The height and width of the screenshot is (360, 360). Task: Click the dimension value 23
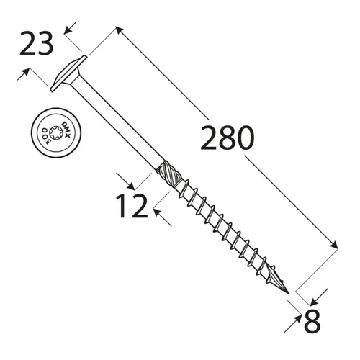click(36, 44)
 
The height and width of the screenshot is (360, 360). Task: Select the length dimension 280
click(227, 138)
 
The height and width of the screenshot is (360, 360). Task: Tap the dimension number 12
click(132, 206)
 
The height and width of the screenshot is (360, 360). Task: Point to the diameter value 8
click(312, 321)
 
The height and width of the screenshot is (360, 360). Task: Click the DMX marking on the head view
click(66, 130)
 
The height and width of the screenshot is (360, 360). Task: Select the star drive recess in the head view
click(56, 132)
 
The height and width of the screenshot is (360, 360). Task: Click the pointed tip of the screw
click(289, 294)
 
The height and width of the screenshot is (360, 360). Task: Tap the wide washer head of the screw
click(68, 73)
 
